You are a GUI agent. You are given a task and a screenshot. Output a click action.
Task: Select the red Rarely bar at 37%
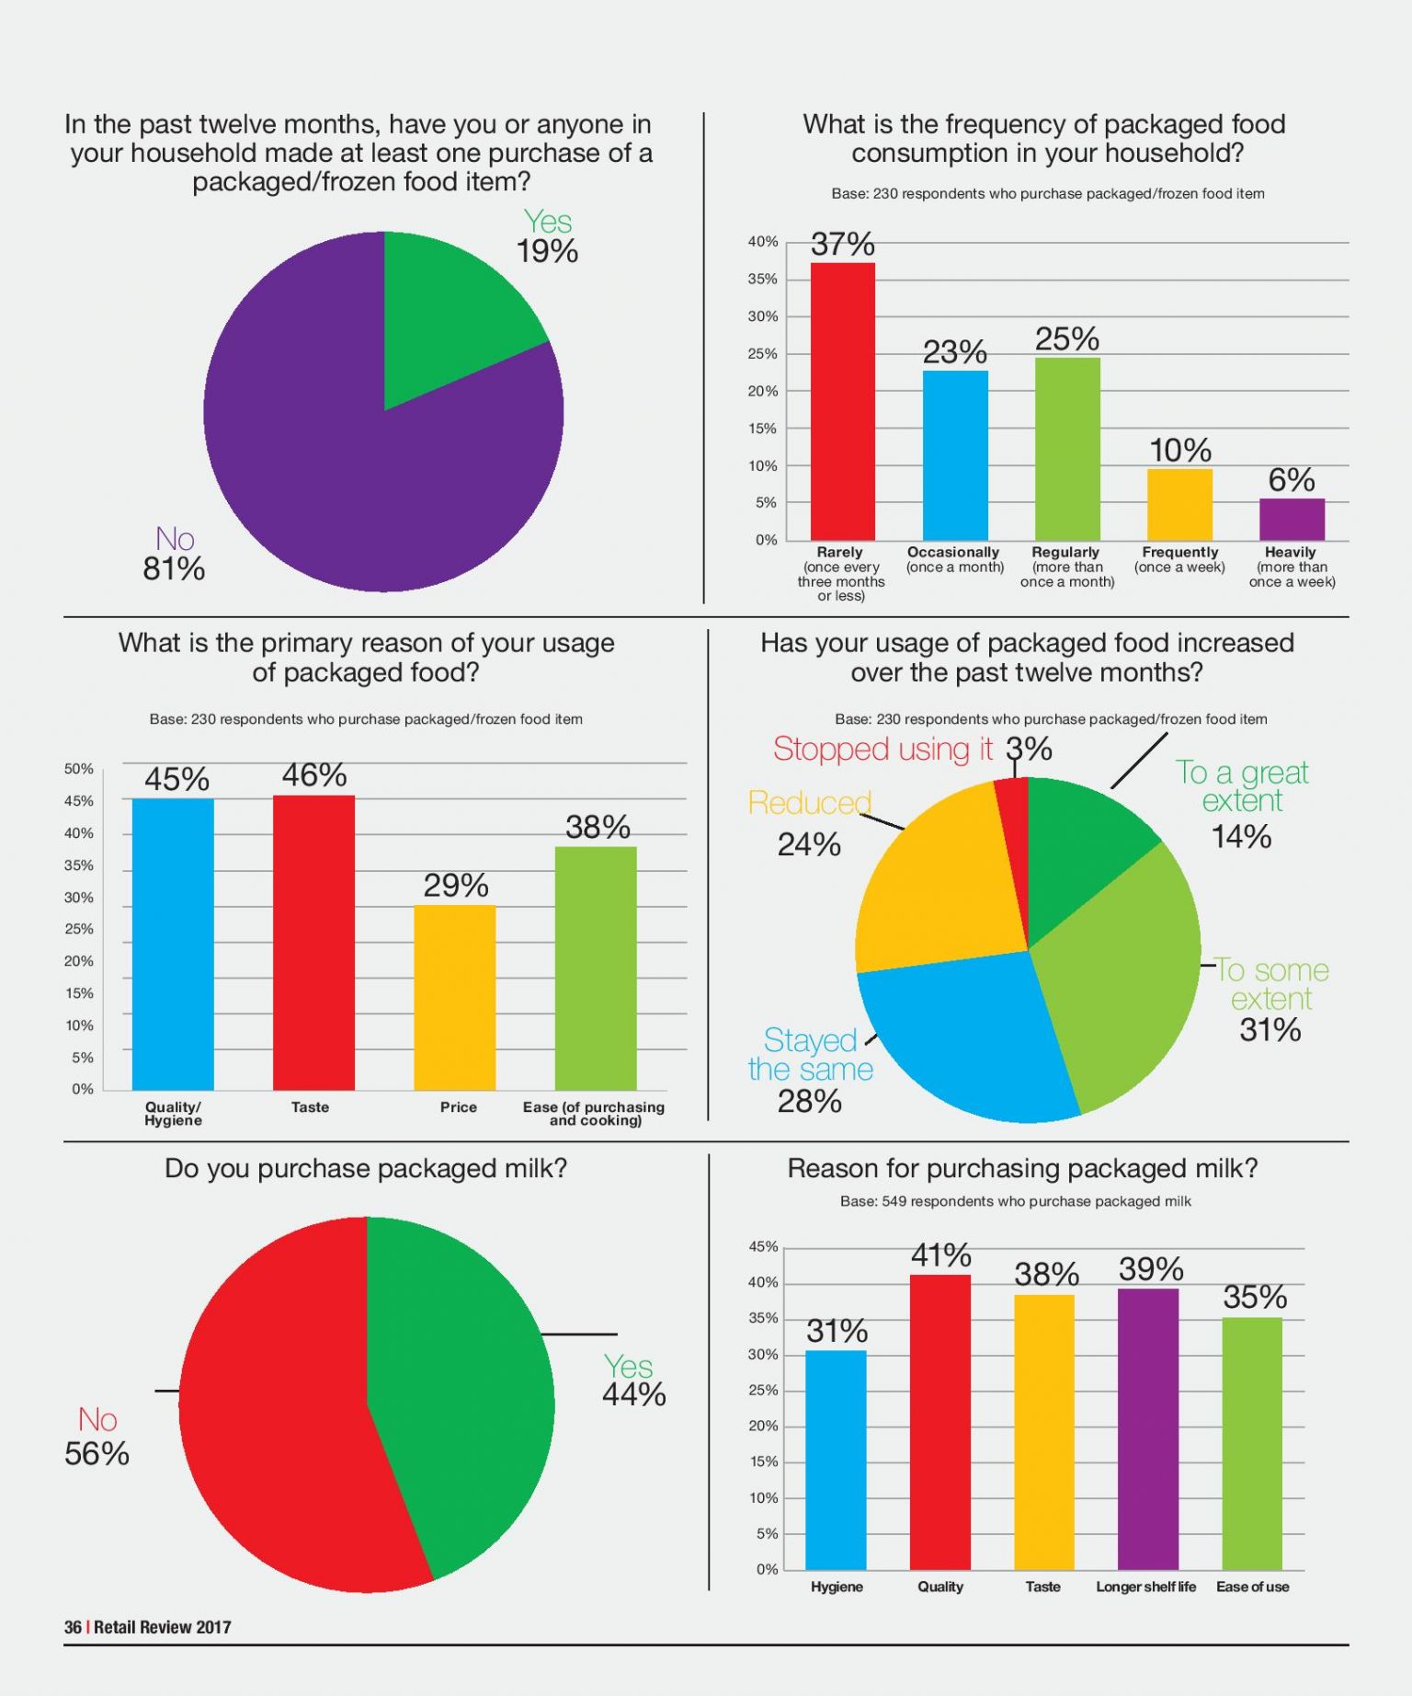click(x=842, y=401)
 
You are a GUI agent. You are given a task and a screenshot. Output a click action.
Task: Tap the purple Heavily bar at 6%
click(x=1292, y=520)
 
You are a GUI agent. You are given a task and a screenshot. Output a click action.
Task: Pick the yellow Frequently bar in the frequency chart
click(x=1179, y=505)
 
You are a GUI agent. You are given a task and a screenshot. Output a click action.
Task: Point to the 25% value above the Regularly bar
click(x=1066, y=339)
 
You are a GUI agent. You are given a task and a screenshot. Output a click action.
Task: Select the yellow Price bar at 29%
click(x=455, y=998)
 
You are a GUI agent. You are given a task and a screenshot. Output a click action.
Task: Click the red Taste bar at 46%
click(x=313, y=943)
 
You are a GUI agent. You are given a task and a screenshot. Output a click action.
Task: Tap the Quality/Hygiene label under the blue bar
click(x=173, y=1114)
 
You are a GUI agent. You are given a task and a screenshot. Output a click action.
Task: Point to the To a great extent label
click(x=1242, y=786)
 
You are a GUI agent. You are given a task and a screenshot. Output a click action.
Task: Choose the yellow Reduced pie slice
click(x=938, y=883)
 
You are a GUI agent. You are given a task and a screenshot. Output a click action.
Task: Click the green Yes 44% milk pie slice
click(x=460, y=1389)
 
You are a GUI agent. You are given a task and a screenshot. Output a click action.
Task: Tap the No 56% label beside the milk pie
click(x=97, y=1437)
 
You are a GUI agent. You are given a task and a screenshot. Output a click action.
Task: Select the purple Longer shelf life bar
click(x=1147, y=1429)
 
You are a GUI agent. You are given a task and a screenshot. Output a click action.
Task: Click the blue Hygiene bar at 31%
click(x=836, y=1461)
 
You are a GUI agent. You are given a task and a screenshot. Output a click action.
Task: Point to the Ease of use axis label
click(x=1252, y=1587)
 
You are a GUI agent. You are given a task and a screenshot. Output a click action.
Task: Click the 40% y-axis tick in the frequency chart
click(x=763, y=242)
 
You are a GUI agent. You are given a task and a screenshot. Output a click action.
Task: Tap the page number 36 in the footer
click(x=73, y=1627)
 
